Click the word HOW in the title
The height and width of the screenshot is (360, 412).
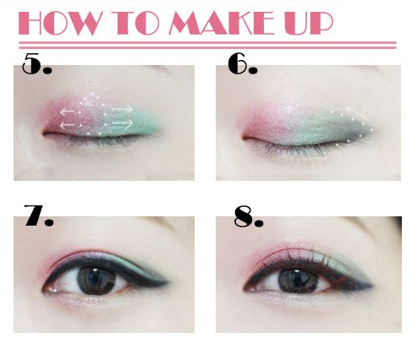59,24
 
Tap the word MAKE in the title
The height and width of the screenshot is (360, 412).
222,24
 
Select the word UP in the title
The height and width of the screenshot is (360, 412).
309,24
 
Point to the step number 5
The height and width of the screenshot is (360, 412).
36,63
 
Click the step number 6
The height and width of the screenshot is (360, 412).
243,64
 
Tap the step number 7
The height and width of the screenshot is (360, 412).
39,215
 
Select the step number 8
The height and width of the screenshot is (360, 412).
249,216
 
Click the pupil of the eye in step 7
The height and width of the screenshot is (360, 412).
96,281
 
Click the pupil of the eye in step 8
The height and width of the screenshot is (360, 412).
299,281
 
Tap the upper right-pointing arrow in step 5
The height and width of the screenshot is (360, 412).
122,109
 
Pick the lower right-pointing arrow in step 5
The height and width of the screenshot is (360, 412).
123,123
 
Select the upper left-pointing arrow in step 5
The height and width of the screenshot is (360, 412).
67,112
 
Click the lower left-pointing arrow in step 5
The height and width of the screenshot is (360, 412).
68,125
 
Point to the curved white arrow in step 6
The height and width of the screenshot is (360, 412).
357,112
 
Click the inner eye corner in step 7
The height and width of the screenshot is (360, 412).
45,290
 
